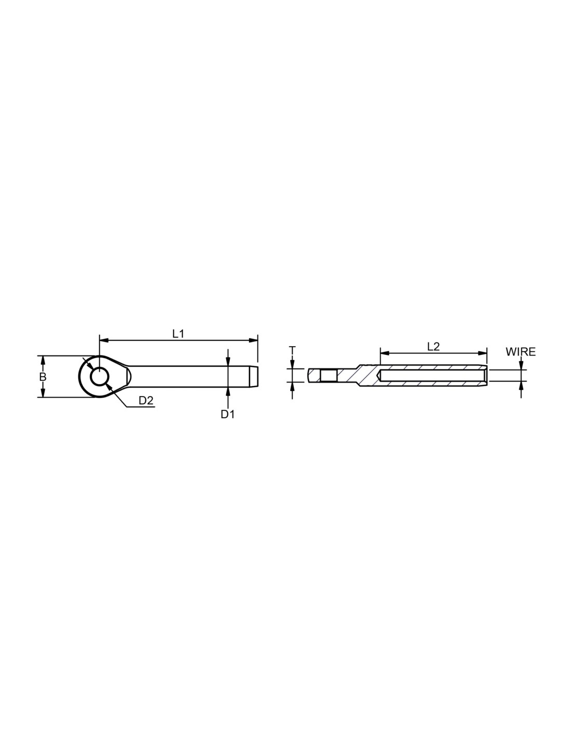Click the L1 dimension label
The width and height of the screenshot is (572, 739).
click(x=178, y=334)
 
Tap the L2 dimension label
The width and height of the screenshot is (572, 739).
click(x=433, y=347)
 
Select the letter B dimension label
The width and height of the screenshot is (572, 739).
click(x=43, y=376)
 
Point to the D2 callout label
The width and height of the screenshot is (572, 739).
click(x=146, y=401)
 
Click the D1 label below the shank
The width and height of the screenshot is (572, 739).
click(x=227, y=414)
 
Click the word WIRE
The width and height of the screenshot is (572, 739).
click(x=521, y=352)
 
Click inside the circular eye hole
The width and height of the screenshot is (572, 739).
click(x=99, y=376)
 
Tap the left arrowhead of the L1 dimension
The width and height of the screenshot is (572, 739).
click(x=103, y=340)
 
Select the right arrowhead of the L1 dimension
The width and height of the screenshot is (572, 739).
click(x=253, y=340)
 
